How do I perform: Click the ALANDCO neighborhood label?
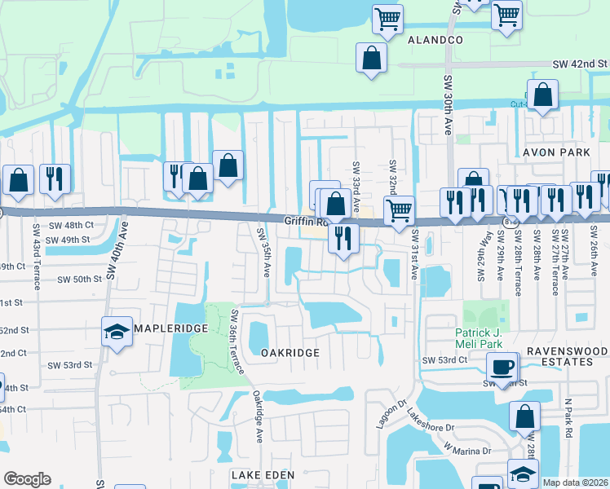[x=435, y=39]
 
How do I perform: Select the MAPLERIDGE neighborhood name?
[x=169, y=328]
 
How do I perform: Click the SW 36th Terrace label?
[x=237, y=341]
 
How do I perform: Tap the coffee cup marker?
[x=505, y=368]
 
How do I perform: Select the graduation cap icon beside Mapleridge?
[x=117, y=331]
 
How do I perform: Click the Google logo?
[x=27, y=479]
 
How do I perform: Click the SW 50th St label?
[x=79, y=279]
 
